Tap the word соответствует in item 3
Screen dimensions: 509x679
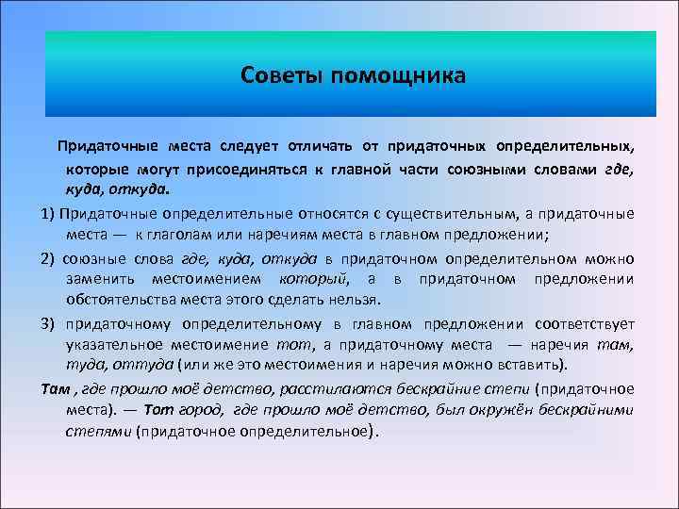pyautogui.click(x=583, y=322)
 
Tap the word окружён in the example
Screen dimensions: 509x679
pyautogui.click(x=509, y=409)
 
